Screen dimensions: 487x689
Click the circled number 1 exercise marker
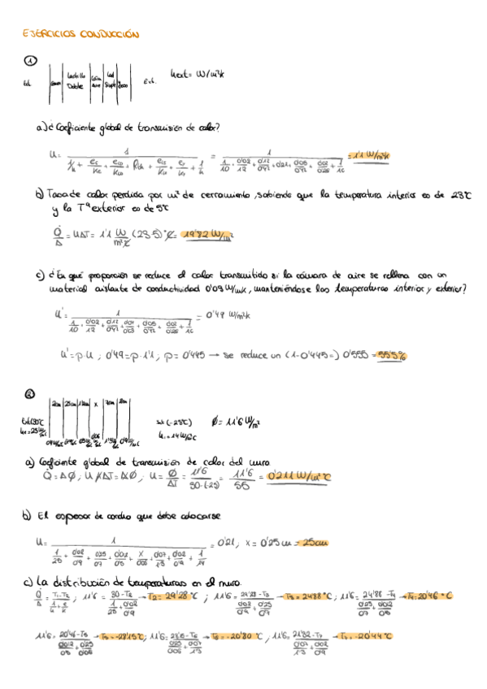click(30, 62)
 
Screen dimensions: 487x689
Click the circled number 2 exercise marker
click(30, 395)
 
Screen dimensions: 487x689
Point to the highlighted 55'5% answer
click(391, 355)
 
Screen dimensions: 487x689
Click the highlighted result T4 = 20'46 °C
click(428, 596)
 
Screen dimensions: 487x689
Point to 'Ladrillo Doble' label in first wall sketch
click(76, 80)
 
